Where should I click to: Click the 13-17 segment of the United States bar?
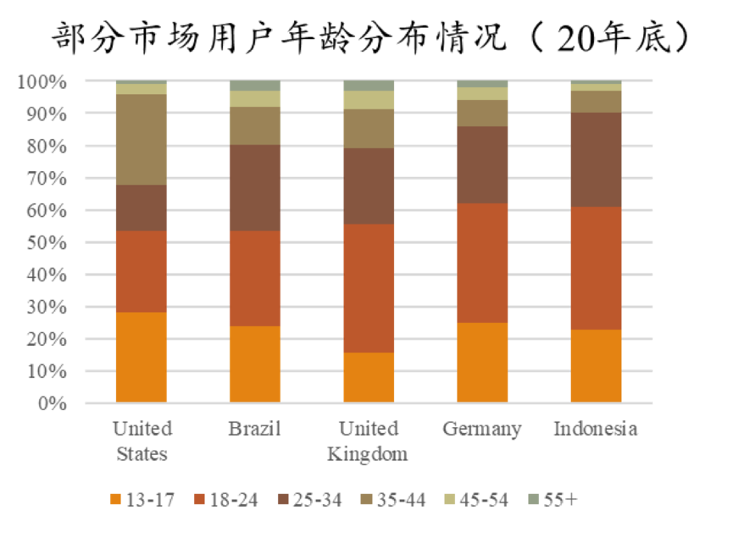[142, 357]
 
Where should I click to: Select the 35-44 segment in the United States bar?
[142, 139]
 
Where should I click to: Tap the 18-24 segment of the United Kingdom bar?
[369, 288]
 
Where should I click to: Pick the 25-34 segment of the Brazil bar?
[255, 187]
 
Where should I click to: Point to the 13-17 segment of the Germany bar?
[482, 362]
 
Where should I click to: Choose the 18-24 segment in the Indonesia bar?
[596, 268]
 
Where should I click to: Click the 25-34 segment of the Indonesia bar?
[596, 159]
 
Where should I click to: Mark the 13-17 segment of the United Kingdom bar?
[369, 377]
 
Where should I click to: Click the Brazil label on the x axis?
[254, 429]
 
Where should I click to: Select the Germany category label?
[481, 429]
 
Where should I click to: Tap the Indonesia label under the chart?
[596, 429]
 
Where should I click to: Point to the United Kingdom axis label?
[368, 441]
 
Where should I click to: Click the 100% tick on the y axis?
[41, 82]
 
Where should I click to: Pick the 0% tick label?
[50, 403]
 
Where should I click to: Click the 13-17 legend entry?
[144, 499]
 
